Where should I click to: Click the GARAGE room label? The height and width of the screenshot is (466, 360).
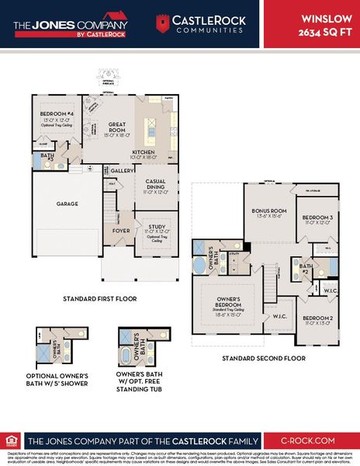coord(67,203)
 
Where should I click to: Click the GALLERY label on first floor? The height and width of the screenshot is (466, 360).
coord(123,170)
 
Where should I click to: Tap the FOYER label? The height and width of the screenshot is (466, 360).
coord(120,230)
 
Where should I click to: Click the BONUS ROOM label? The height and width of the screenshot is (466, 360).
coord(268,210)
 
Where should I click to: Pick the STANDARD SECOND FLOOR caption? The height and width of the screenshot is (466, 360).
coord(263,358)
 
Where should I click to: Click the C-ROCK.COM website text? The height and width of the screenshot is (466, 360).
coord(308,438)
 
